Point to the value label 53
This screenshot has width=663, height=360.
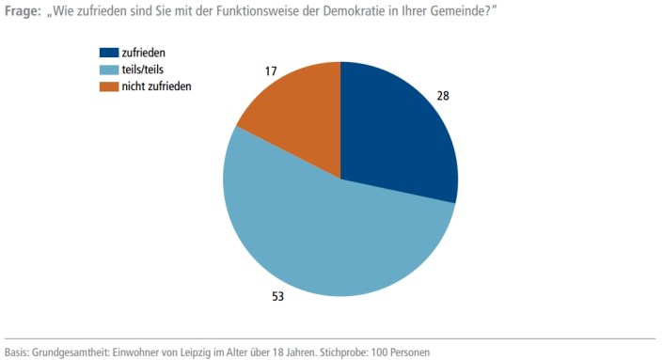(x=278, y=297)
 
